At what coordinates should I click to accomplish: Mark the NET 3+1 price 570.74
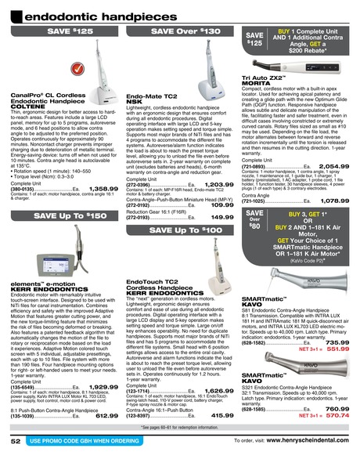pos(337,417)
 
